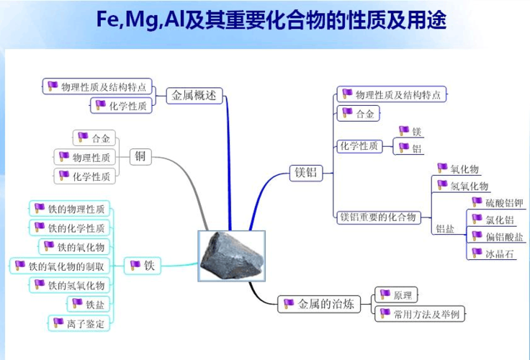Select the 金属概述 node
(x=195, y=95)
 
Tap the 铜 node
(x=140, y=156)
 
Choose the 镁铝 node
(x=306, y=173)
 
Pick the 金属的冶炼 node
(x=319, y=304)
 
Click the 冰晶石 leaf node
(x=493, y=253)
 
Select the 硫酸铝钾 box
(x=498, y=202)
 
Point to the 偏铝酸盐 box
(x=498, y=236)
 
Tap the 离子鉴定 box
(x=78, y=323)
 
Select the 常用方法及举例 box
(x=421, y=313)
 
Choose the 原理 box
(x=397, y=295)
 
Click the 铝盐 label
(x=445, y=229)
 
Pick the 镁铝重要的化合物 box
(x=379, y=217)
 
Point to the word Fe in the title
(x=109, y=19)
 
